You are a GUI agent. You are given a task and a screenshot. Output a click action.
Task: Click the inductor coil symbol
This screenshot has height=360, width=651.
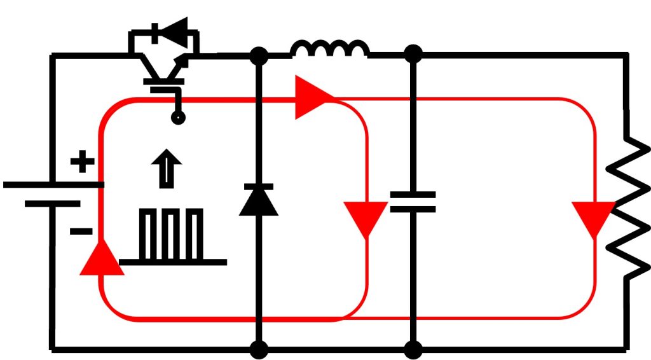coord(329,49)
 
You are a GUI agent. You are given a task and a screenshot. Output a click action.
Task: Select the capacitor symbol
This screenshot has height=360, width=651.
coord(413,202)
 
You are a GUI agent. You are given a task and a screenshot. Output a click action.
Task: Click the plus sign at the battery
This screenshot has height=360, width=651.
coord(81,163)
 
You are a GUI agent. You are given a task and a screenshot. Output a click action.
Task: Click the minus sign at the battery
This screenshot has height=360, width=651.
coord(81,231)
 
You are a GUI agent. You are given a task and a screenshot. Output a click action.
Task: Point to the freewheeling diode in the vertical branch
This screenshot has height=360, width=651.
coord(258,200)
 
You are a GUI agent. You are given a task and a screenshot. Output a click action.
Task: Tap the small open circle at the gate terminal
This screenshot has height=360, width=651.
coord(179,118)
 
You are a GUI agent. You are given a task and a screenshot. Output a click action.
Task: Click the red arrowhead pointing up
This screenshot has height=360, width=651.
coord(101,259)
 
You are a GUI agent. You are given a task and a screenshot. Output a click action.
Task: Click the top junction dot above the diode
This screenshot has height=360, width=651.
coord(258,56)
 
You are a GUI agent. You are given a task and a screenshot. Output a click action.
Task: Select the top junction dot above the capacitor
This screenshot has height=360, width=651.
coord(413,55)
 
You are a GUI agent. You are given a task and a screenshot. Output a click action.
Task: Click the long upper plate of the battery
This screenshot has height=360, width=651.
coord(53,184)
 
